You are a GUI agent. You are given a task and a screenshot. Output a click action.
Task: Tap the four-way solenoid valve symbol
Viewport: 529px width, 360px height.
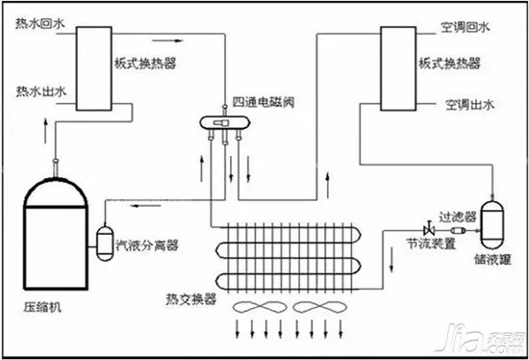[x=219, y=123]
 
